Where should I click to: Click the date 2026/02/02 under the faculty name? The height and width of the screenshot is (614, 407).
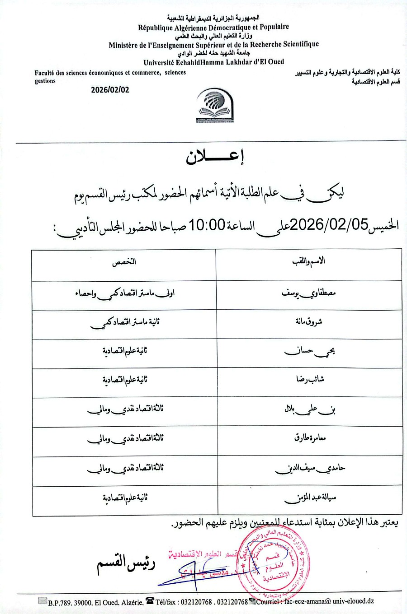pos(110,90)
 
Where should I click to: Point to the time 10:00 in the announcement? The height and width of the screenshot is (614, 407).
pos(207,224)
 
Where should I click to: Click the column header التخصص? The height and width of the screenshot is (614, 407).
pos(124,262)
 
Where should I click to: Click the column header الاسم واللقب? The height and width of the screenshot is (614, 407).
pos(308,261)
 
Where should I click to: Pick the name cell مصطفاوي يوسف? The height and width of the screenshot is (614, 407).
pos(308,293)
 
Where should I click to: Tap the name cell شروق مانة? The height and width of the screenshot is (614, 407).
pos(308,322)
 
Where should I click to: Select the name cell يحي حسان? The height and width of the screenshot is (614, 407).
pos(309,351)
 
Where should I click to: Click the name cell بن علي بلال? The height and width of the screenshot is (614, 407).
pos(309,409)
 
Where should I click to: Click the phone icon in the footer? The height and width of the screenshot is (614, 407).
pos(149,601)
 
